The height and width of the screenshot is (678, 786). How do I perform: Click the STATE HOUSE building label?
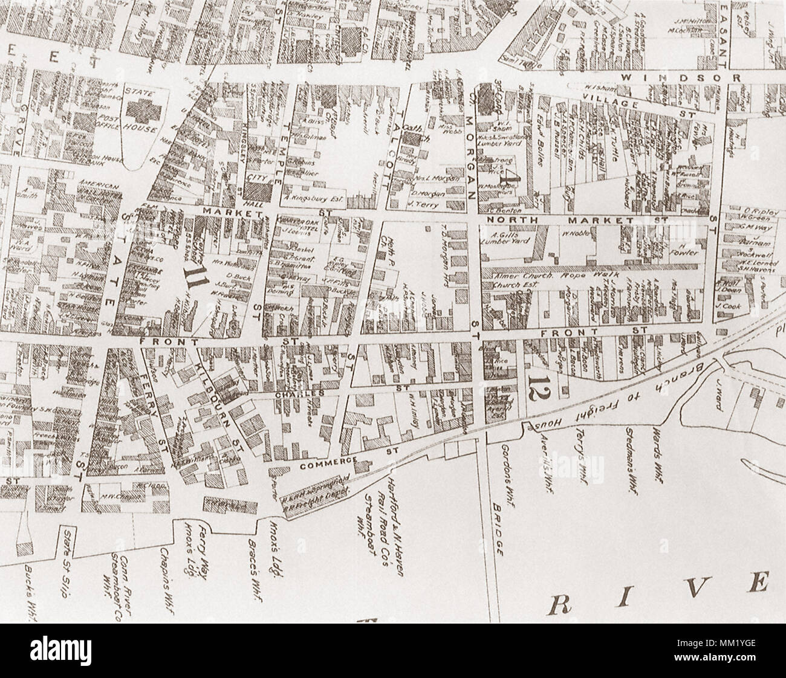pyautogui.click(x=140, y=111)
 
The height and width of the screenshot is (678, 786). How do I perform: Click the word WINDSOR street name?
pyautogui.click(x=681, y=78)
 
